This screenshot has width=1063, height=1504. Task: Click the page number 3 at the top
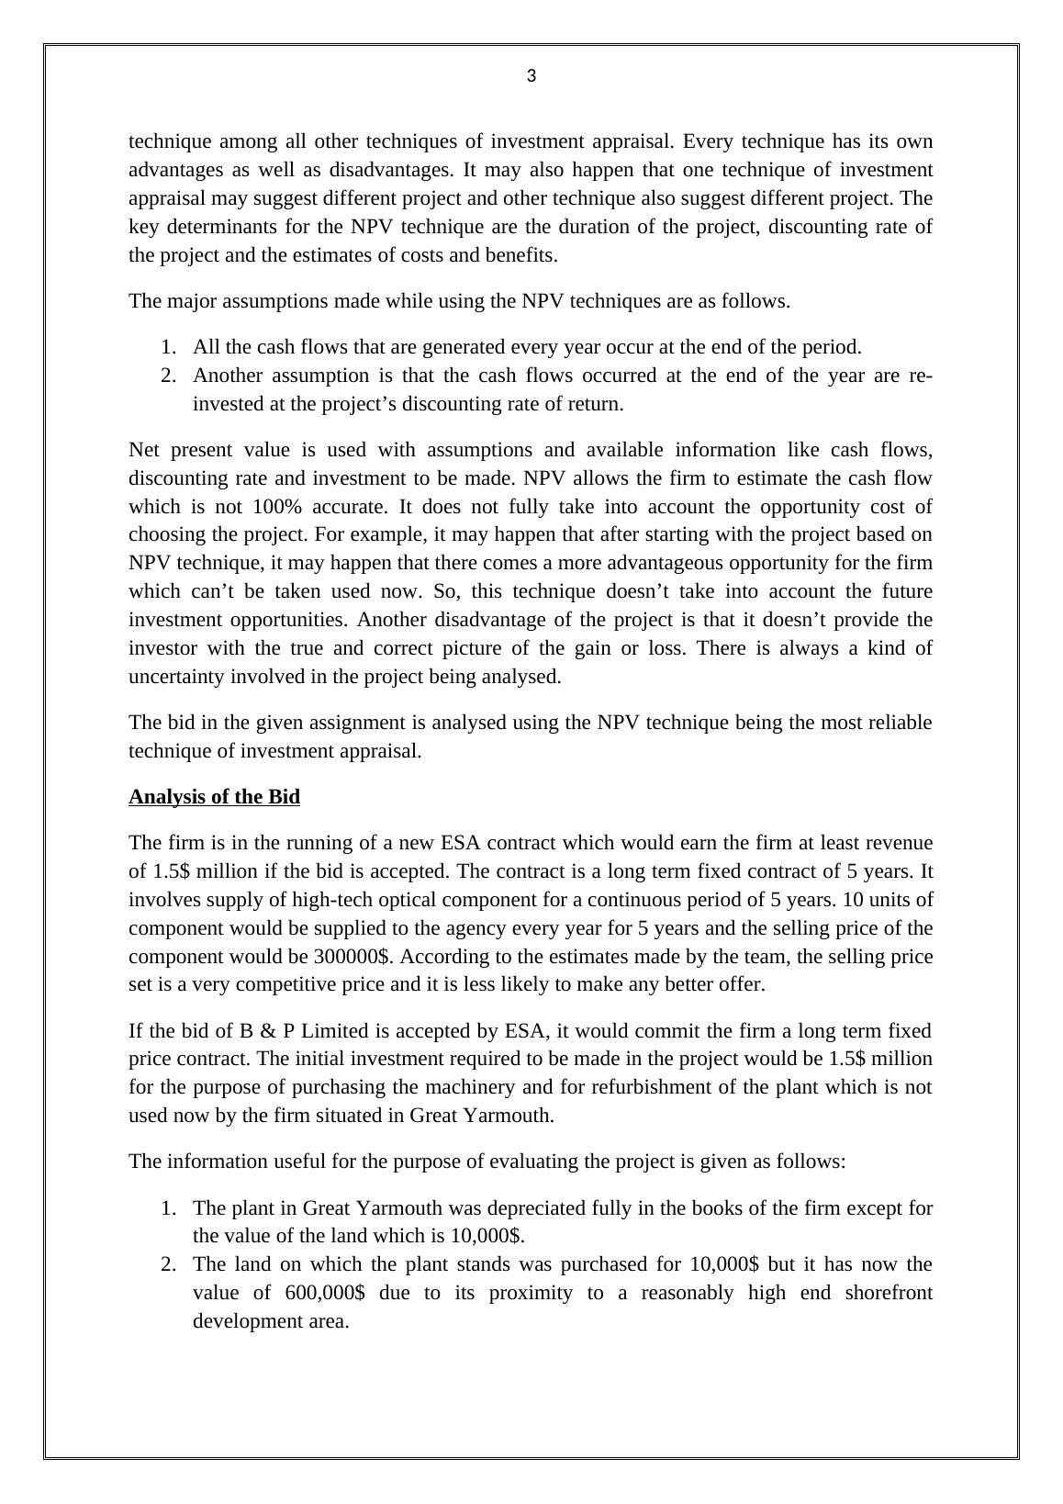click(531, 77)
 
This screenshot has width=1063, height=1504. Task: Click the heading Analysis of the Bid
click(214, 797)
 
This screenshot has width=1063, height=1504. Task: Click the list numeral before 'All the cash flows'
click(167, 348)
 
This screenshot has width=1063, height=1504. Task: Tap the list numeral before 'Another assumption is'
click(167, 376)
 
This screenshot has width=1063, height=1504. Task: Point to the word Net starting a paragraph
click(145, 450)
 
